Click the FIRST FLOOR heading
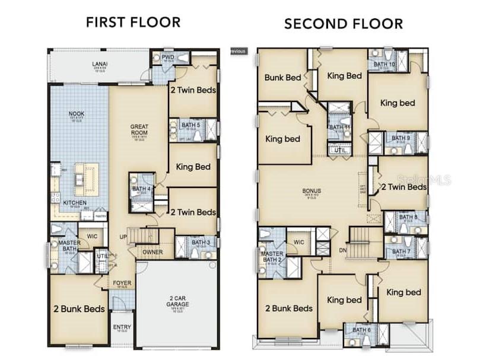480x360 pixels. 133,23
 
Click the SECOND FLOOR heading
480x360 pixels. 343,24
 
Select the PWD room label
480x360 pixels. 168,57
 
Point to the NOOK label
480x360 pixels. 76,114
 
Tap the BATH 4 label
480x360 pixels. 141,189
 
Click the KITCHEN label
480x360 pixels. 75,203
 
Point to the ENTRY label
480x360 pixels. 122,327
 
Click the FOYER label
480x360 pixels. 122,283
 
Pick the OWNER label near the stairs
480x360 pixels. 152,252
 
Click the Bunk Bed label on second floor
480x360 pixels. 282,77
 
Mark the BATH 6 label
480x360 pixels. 361,330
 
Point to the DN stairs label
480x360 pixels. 342,250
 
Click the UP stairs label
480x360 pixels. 123,237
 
